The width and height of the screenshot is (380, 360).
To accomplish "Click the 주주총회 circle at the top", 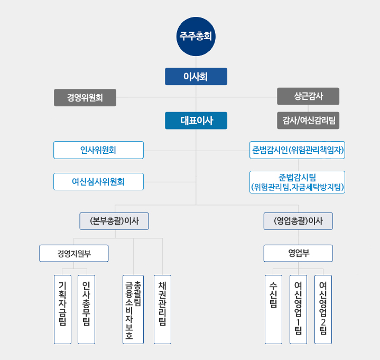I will [196, 36].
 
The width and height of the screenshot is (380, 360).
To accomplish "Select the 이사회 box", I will [196, 77].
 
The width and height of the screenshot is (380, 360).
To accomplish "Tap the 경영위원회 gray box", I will [85, 98].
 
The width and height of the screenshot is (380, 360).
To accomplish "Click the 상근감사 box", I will [308, 96].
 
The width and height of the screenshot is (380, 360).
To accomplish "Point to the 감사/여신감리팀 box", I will [308, 121].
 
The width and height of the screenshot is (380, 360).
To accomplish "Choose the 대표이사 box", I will [196, 121].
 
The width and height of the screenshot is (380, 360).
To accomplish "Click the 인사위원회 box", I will [98, 150].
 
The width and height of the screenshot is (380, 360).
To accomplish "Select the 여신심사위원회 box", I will [98, 181].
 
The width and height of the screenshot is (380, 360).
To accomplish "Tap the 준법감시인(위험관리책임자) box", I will [298, 150].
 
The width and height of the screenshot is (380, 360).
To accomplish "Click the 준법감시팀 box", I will [298, 182].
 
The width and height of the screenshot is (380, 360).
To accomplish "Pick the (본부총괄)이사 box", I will [114, 221].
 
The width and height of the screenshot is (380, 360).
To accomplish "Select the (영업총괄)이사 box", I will [298, 221].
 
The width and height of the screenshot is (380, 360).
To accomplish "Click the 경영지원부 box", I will [74, 253].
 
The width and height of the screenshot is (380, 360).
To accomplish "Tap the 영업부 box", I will [298, 253].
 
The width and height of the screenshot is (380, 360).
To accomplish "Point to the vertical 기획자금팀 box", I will [62, 309].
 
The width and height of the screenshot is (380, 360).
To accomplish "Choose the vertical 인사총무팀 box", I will [86, 309].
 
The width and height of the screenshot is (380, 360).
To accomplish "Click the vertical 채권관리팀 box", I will [162, 309].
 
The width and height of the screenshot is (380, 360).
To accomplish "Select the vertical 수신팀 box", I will [273, 309].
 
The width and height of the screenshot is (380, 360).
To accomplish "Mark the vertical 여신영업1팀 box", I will [298, 309].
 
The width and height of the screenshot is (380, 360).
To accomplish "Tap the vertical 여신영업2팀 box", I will [323, 309].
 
